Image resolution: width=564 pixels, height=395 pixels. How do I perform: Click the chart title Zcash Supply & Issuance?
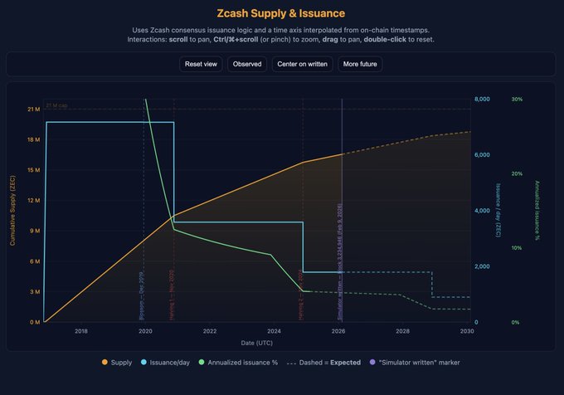281,13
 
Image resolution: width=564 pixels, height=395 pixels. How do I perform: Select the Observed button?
247,64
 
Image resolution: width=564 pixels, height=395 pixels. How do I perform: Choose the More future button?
360,64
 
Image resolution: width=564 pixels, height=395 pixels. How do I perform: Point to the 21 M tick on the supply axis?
33,109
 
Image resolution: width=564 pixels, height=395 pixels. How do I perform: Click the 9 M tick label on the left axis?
34,231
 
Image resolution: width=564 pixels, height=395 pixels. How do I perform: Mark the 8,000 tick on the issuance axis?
482,100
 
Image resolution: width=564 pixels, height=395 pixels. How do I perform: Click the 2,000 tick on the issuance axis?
482,266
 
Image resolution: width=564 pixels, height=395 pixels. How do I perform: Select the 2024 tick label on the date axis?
275,331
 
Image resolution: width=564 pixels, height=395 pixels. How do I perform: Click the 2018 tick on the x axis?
81,331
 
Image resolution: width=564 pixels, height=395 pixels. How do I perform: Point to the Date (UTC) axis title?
256,342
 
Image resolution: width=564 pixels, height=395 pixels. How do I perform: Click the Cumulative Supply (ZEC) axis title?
12,211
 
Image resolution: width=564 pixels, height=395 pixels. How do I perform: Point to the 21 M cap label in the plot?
57,105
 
